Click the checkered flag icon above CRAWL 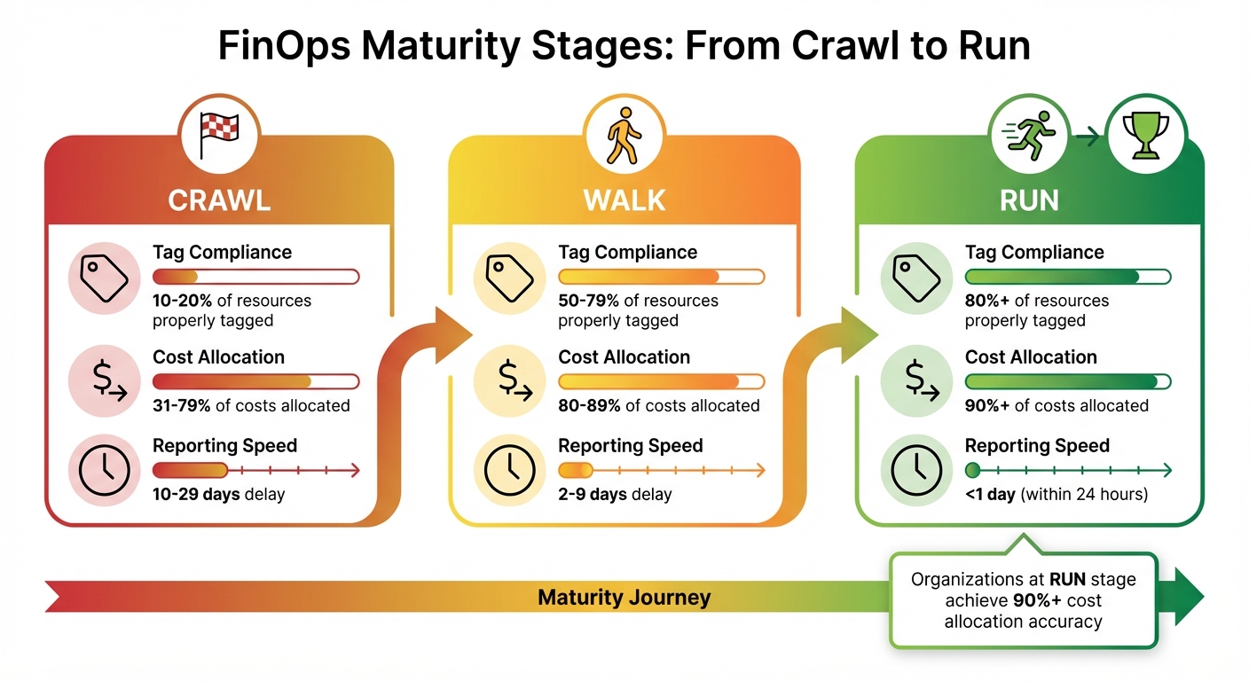tap(218, 135)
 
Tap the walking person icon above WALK tap(623, 136)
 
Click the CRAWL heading tap(218, 200)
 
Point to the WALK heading tap(624, 200)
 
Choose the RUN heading tap(1029, 200)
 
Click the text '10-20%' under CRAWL tap(183, 301)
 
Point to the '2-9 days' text tap(592, 494)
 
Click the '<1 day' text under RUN tap(990, 494)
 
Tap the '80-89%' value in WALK tap(589, 405)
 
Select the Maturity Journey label tap(624, 598)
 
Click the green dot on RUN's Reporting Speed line tap(972, 470)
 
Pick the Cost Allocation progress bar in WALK tap(661, 381)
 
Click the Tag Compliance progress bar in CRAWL tap(255, 277)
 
